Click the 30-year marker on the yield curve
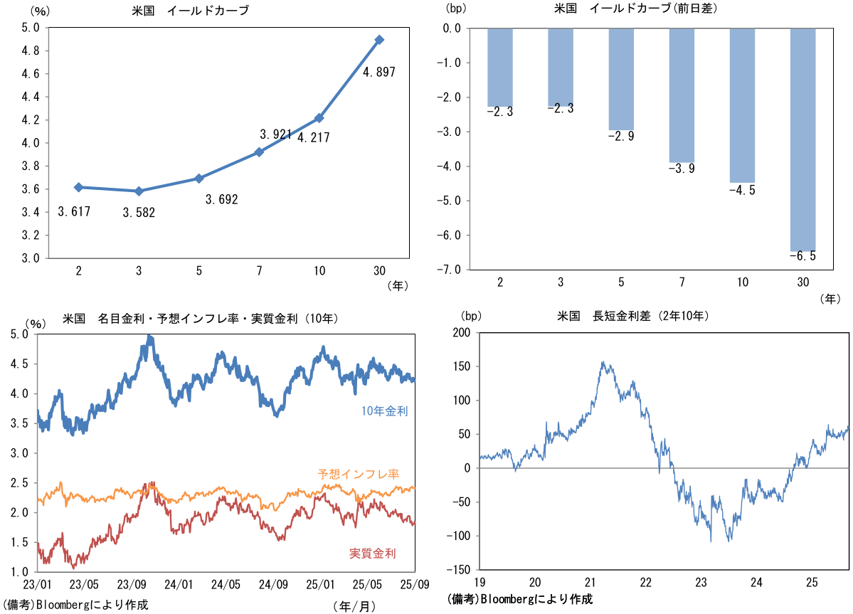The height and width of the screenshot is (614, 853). [x=379, y=40]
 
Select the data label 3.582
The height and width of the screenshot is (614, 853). [x=139, y=213]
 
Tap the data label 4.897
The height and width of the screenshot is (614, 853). [x=378, y=72]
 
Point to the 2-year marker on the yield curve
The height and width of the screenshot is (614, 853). [x=78, y=187]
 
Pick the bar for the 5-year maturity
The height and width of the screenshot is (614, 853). [x=621, y=79]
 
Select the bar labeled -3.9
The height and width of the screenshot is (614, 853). [x=682, y=95]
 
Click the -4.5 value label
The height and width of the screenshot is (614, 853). [x=742, y=190]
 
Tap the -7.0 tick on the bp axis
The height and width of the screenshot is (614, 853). [x=452, y=270]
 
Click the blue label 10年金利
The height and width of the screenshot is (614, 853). [x=384, y=411]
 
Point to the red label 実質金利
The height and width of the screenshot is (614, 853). [x=373, y=553]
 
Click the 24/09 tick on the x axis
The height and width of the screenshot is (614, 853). [x=273, y=585]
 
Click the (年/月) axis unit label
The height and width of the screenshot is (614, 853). [x=354, y=605]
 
